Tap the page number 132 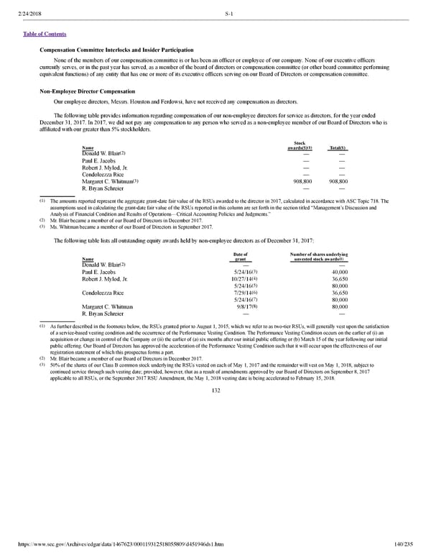click(215, 390)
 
